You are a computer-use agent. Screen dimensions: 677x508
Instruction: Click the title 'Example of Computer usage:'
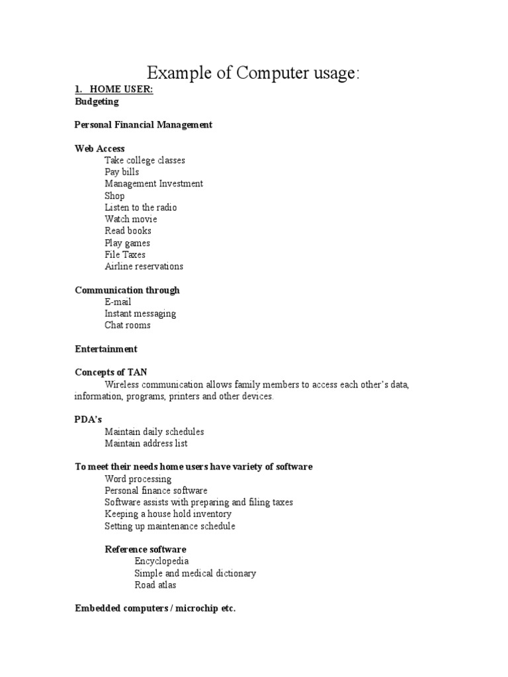pos(253,73)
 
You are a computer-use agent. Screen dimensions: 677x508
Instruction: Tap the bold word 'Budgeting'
pos(97,102)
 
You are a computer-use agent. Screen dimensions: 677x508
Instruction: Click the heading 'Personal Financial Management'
pos(144,125)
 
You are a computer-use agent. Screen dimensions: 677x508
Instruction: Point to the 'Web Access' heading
pos(100,149)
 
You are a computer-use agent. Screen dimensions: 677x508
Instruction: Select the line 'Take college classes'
pos(145,161)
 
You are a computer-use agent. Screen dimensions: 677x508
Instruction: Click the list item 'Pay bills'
pos(122,172)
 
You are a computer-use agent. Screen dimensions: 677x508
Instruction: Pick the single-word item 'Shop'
pos(114,196)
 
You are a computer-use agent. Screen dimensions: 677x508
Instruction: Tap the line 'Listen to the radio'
pos(141,208)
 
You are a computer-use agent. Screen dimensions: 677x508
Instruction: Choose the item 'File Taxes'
pos(125,255)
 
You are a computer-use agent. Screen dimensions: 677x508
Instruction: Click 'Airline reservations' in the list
pos(144,266)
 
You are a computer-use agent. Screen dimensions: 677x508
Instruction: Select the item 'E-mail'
pos(118,302)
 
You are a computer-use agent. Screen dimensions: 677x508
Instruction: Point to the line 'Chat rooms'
pos(128,325)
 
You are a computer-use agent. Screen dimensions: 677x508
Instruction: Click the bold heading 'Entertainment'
pos(106,349)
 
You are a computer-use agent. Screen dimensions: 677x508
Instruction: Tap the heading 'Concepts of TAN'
pos(111,373)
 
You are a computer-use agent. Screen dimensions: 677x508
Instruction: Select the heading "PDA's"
pos(89,420)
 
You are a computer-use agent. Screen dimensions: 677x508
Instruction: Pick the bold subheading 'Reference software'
pos(146,549)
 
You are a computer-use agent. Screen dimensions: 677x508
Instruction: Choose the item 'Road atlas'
pos(155,585)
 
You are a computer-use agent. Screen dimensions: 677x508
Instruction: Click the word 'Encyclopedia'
pos(161,561)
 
